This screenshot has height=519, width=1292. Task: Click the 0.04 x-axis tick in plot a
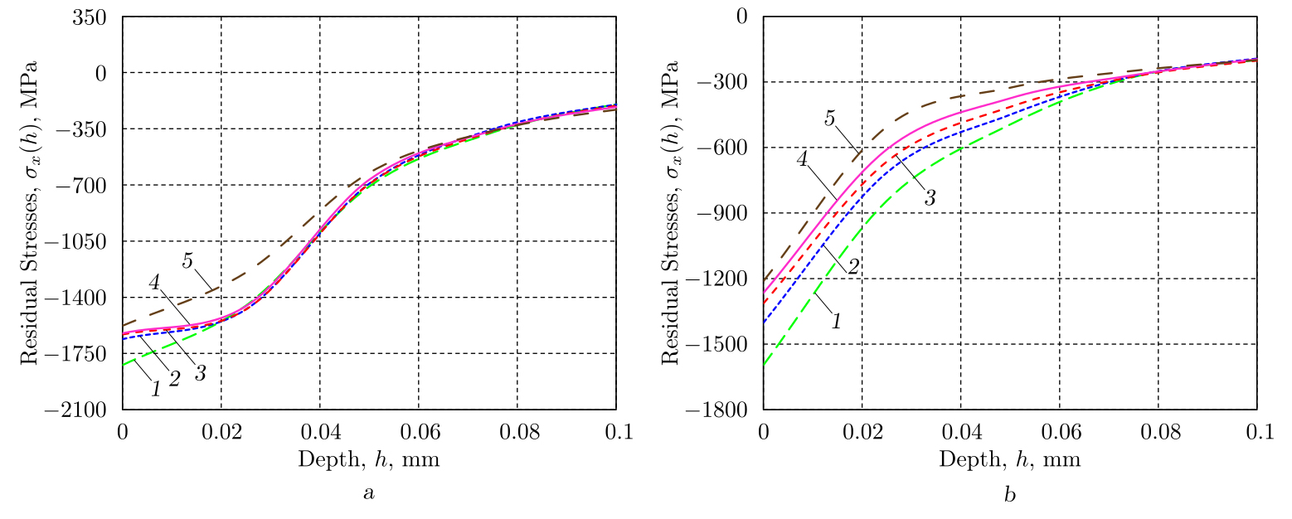(x=319, y=432)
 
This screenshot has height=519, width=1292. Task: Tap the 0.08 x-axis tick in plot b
(x=1158, y=432)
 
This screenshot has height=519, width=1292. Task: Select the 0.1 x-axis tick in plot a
(x=616, y=432)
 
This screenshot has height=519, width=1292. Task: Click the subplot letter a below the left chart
(x=369, y=494)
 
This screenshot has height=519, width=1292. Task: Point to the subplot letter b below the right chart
(x=1009, y=495)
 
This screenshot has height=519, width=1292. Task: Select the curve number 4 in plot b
(x=803, y=158)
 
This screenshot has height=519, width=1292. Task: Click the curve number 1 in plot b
(x=836, y=321)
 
